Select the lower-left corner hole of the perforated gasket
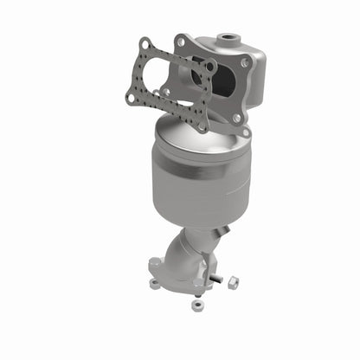(131, 98)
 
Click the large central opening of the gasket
(173, 83)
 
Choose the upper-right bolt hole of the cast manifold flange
(246, 62)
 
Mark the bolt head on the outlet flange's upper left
(157, 260)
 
